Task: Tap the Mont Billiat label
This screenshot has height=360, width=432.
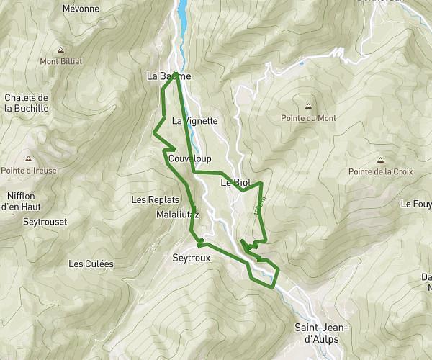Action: (x=60, y=61)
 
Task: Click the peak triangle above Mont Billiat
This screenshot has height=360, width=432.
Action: (x=60, y=50)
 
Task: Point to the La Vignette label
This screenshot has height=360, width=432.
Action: (x=194, y=121)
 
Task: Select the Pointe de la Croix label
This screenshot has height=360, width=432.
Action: (x=379, y=171)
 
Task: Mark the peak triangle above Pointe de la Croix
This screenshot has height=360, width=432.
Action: (x=379, y=160)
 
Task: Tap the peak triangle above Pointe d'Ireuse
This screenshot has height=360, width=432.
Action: (x=28, y=159)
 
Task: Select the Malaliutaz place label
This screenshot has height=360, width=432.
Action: (x=176, y=215)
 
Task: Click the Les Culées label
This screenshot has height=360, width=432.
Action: (x=91, y=264)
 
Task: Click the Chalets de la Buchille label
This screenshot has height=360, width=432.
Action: (x=26, y=103)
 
